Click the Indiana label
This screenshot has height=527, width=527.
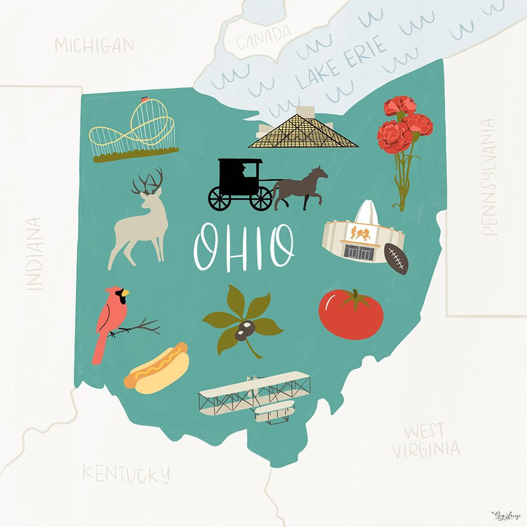tap(34, 253)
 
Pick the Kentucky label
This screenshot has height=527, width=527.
tap(126, 473)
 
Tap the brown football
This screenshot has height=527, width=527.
tap(396, 259)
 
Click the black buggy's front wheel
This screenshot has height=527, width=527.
tap(260, 198)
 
